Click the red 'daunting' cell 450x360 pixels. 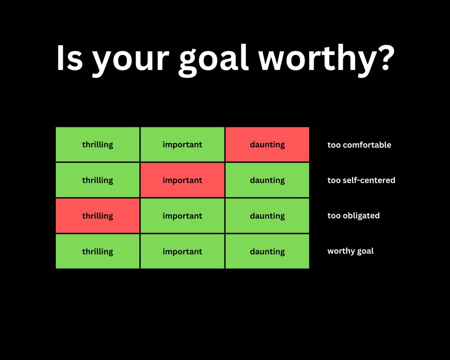(x=267, y=145)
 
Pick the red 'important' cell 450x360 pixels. (x=182, y=180)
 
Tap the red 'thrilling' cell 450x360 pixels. (x=98, y=216)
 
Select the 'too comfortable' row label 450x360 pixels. (x=359, y=145)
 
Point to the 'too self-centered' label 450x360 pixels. (x=361, y=180)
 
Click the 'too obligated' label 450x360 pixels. (x=353, y=216)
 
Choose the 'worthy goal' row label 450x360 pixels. (x=350, y=251)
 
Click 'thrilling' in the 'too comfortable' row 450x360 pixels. (x=98, y=145)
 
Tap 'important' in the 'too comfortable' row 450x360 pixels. (x=182, y=145)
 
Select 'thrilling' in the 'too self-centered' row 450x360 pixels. (x=98, y=180)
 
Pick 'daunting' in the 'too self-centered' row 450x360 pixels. (x=267, y=180)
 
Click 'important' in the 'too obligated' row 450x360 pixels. (x=182, y=216)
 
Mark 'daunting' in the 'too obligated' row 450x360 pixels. (x=267, y=216)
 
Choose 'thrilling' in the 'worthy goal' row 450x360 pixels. (x=98, y=251)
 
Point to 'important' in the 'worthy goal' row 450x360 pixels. (x=182, y=251)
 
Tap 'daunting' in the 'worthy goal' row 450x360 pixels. (x=267, y=251)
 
